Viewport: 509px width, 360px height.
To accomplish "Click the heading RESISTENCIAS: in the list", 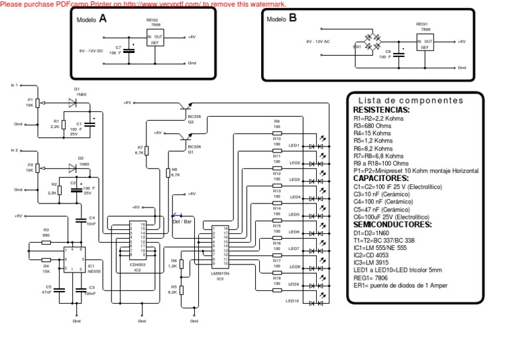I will [381, 110].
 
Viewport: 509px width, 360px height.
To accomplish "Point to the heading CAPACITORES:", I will [380, 178].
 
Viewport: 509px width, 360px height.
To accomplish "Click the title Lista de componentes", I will [416, 101].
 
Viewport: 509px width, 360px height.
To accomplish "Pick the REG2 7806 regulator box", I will [154, 39].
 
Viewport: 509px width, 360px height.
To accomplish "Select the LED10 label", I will [293, 301].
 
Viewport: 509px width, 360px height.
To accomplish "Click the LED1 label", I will [294, 145].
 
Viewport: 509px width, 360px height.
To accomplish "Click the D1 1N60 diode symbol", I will [72, 102].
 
